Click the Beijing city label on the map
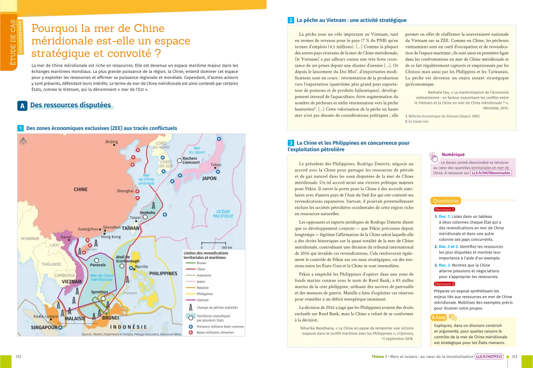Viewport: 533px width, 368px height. [111, 142]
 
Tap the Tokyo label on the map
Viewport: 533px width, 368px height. [216, 165]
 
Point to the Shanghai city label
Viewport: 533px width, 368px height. [125, 191]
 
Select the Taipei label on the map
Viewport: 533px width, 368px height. [135, 217]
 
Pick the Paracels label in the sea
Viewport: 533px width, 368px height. [98, 264]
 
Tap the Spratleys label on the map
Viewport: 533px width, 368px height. [99, 292]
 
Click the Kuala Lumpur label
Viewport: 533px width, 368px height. [45, 316]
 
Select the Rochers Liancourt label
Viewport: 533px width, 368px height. [189, 160]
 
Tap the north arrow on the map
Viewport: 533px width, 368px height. [23, 141]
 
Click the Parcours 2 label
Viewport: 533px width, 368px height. [444, 284]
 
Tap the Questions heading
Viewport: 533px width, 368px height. [446, 201]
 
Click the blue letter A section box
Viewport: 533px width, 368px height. [23, 106]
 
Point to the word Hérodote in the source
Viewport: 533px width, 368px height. [493, 107]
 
